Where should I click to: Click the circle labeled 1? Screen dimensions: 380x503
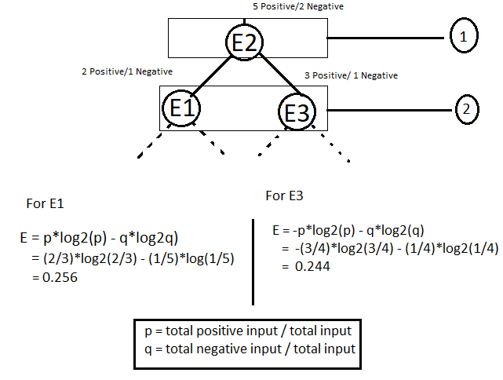(x=463, y=37)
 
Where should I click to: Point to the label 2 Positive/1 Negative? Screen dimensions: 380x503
(x=126, y=71)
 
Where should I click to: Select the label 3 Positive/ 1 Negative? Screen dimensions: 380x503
(x=351, y=76)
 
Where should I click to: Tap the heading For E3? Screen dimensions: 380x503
(x=284, y=195)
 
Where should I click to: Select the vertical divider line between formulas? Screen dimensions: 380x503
(x=253, y=263)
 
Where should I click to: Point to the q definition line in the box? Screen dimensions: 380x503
(x=245, y=348)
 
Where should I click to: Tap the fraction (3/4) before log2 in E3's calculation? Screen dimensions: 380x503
(x=309, y=249)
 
